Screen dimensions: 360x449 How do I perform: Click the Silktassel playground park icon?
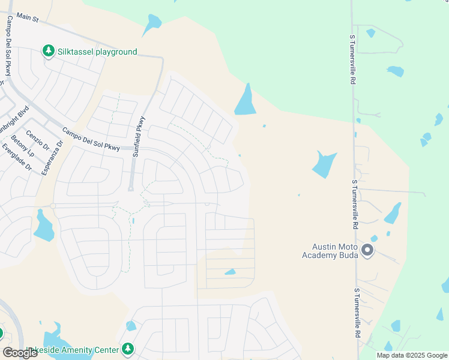(48, 52)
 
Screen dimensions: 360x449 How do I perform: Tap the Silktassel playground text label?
(97, 52)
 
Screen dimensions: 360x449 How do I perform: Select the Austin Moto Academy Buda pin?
(367, 250)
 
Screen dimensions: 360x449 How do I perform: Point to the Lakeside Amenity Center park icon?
(127, 349)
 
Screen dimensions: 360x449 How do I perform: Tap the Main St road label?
(27, 19)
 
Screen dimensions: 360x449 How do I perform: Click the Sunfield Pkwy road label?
(140, 136)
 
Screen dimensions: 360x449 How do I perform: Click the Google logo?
(20, 353)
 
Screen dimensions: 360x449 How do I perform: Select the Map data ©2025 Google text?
(411, 355)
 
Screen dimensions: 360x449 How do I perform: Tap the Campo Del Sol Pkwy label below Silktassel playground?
(91, 139)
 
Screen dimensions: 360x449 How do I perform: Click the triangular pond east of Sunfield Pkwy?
(246, 101)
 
